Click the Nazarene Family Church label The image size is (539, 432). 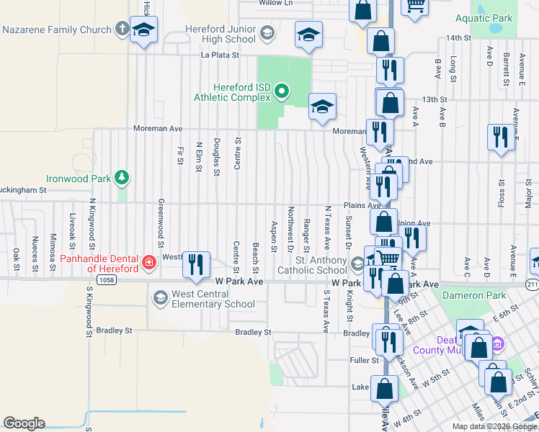57,30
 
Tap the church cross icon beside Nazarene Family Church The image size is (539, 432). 122,30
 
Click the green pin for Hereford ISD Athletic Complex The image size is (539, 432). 282,91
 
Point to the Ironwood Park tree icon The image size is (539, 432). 122,177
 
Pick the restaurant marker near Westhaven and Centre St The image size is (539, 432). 195,264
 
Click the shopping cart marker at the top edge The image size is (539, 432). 415,4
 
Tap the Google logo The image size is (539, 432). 24,423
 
